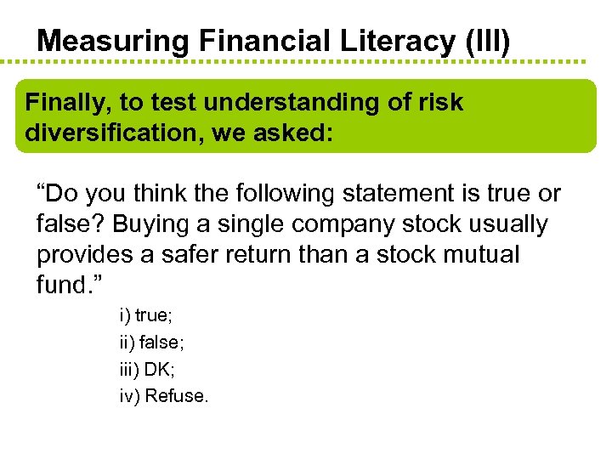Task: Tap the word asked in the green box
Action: pyautogui.click(x=292, y=133)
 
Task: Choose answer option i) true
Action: pyautogui.click(x=145, y=315)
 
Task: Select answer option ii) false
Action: pyautogui.click(x=150, y=343)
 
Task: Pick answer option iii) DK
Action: pyautogui.click(x=147, y=369)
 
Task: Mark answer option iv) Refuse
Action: pyautogui.click(x=163, y=395)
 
